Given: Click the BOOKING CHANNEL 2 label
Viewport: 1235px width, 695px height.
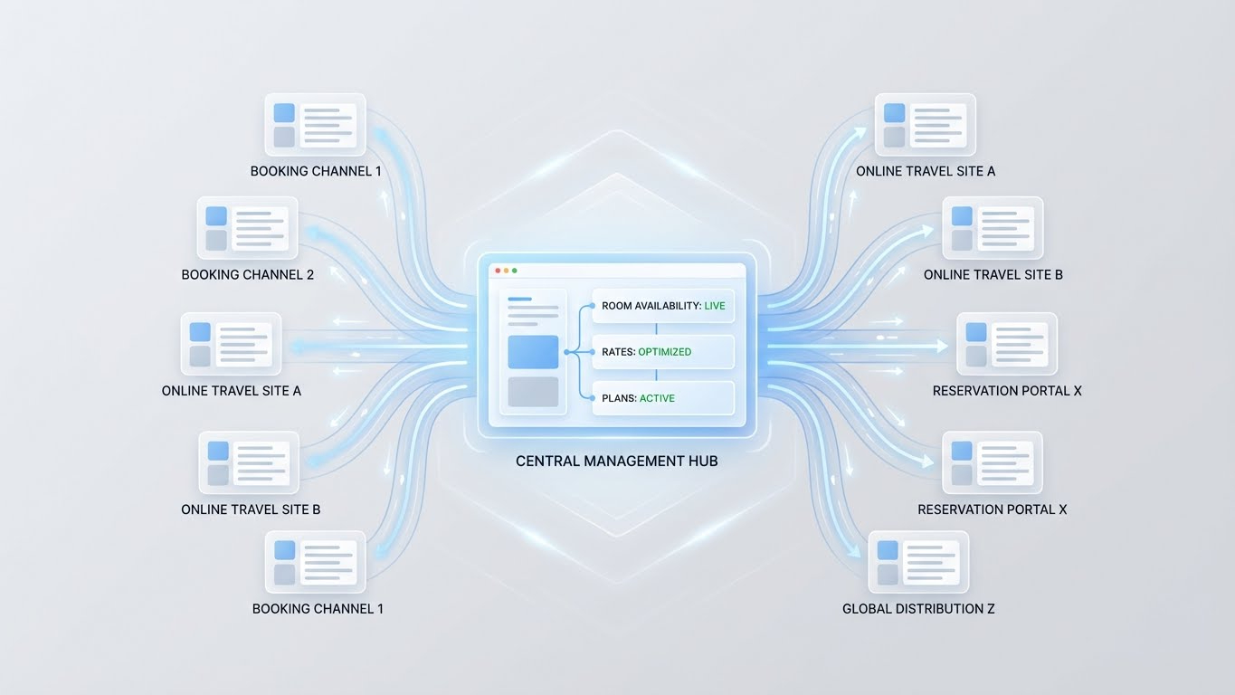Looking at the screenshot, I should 247,274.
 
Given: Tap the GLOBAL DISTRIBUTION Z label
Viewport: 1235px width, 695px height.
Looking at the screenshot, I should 918,609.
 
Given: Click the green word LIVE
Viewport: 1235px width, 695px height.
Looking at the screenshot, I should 715,306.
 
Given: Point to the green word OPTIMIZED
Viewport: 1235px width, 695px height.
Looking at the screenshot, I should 664,352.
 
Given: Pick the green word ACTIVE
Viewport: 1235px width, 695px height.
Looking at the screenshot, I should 657,398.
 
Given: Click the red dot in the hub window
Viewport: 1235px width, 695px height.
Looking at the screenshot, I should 498,271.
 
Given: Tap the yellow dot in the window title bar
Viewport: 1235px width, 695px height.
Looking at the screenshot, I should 506,271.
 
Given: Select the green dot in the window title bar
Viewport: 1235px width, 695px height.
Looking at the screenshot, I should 515,271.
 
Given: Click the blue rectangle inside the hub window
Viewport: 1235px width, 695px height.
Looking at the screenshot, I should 533,352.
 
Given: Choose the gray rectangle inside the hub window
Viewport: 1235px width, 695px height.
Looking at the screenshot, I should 533,392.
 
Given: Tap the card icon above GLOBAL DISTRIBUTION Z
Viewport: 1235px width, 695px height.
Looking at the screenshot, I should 918,562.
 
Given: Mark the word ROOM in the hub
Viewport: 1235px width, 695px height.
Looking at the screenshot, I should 617,306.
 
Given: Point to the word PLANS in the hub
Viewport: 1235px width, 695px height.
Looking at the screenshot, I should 618,398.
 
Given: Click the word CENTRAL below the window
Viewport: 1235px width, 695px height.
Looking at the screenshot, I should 546,462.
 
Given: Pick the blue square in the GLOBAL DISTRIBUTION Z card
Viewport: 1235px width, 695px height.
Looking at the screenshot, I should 888,550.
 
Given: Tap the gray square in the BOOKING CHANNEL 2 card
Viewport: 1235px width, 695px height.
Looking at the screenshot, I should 216,240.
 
